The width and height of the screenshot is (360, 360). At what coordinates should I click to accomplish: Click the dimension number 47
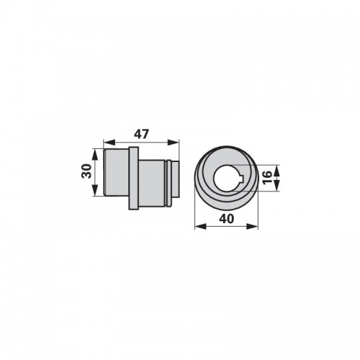click(x=142, y=134)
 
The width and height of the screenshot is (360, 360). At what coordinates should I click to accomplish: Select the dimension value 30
click(x=86, y=171)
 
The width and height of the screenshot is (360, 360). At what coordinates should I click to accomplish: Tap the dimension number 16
click(x=267, y=177)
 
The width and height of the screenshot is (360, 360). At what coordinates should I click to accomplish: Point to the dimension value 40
click(x=226, y=219)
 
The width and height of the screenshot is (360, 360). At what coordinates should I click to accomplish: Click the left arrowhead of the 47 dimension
click(x=109, y=143)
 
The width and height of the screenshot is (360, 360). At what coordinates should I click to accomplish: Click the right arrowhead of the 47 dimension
click(x=174, y=143)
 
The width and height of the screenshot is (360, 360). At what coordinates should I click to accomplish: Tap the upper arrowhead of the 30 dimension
click(x=95, y=155)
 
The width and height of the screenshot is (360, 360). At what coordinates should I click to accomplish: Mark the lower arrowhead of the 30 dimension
click(x=95, y=190)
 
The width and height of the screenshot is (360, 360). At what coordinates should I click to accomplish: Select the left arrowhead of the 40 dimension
click(x=201, y=226)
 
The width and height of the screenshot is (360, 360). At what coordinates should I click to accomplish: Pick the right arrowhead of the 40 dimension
click(x=252, y=226)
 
